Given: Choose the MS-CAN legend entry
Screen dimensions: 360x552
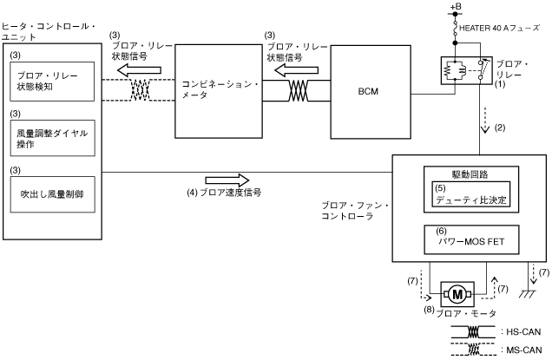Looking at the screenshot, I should [x=503, y=350].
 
